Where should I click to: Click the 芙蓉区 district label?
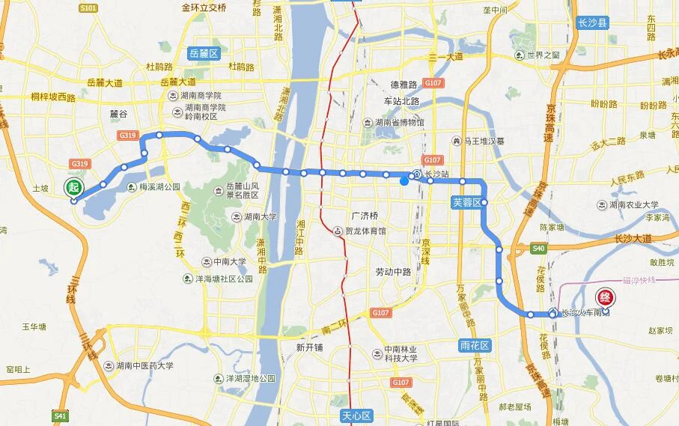466,201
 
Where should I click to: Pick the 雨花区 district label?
475,345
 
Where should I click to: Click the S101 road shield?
88,8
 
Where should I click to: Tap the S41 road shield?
60,414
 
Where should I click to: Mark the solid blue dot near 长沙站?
404,180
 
